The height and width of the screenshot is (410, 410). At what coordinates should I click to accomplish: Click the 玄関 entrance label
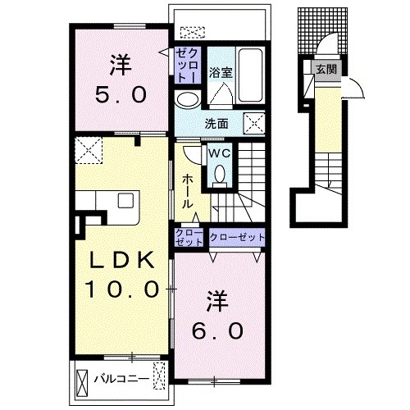click(326, 70)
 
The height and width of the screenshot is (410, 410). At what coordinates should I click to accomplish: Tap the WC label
click(220, 153)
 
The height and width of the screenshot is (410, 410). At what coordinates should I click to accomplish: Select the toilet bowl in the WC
click(220, 174)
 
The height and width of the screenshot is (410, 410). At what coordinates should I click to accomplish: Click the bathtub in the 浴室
click(250, 75)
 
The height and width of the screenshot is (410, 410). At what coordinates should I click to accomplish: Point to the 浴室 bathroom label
click(221, 73)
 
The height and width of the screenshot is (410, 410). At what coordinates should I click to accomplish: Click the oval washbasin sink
click(188, 100)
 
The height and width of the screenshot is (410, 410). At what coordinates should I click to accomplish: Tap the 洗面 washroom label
click(216, 124)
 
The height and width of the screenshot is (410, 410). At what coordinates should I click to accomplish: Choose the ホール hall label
click(188, 191)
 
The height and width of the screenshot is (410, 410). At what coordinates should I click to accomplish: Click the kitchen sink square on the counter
click(125, 200)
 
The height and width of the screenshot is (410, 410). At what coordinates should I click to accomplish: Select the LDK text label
click(122, 260)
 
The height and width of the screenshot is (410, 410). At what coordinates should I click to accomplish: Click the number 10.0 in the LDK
click(122, 289)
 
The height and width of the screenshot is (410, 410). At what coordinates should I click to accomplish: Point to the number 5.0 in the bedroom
click(121, 95)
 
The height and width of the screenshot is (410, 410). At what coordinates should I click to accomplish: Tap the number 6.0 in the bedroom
click(217, 331)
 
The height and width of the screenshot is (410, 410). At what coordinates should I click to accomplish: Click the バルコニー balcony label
click(122, 379)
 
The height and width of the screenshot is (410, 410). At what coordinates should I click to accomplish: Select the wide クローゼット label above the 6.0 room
click(237, 237)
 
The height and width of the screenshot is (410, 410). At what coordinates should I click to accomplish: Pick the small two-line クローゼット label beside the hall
click(189, 237)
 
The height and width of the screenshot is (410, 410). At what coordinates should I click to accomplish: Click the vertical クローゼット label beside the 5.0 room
click(188, 66)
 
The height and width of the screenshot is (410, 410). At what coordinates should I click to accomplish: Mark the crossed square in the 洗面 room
click(254, 124)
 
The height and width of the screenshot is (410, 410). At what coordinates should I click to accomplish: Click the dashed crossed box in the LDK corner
click(89, 150)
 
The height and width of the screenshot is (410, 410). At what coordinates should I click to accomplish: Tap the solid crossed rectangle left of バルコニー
click(83, 381)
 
